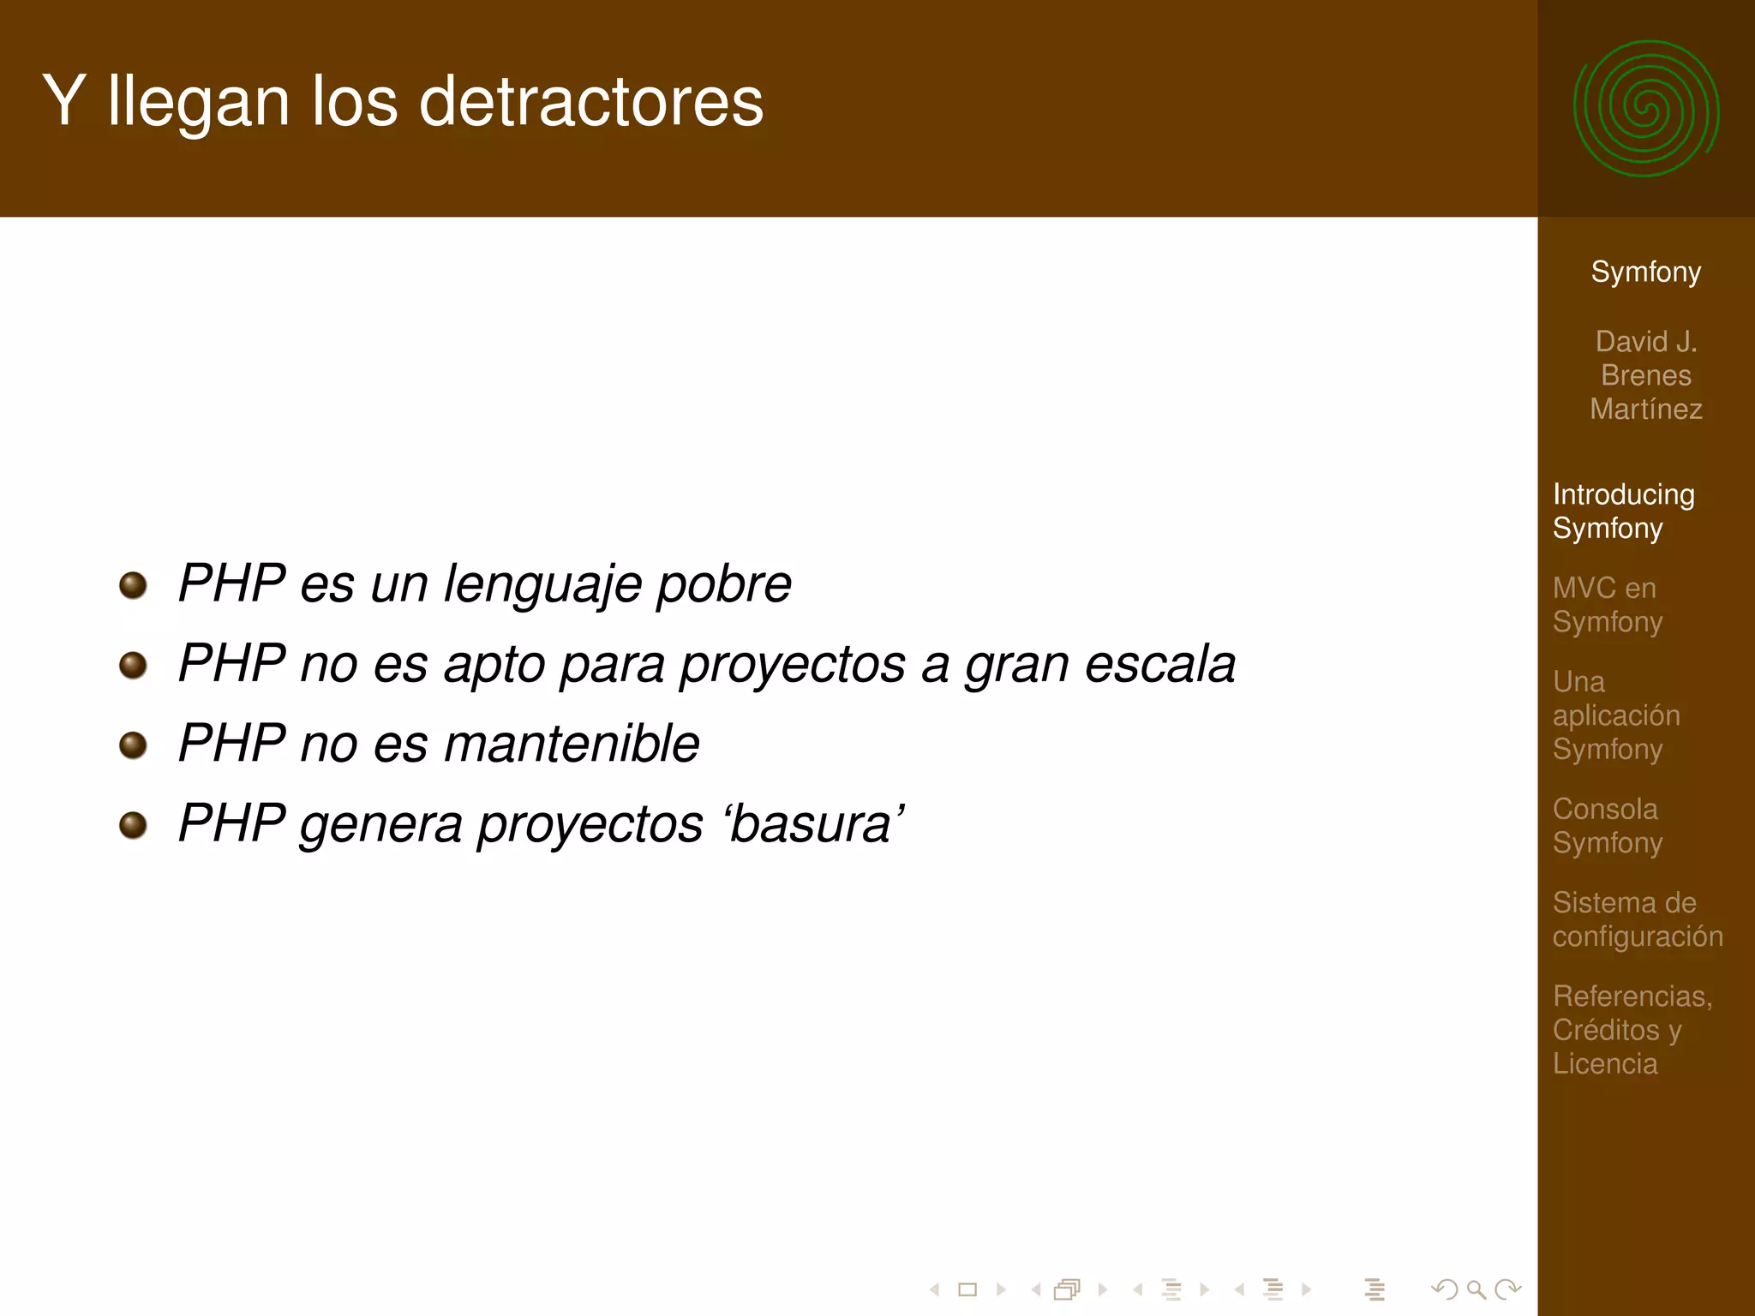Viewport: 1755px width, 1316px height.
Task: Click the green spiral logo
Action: pyautogui.click(x=1645, y=109)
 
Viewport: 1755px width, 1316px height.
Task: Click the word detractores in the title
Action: pyautogui.click(x=590, y=102)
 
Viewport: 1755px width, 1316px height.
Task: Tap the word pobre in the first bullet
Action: pyautogui.click(x=723, y=585)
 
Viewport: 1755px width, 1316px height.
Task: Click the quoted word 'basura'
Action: pyautogui.click(x=814, y=824)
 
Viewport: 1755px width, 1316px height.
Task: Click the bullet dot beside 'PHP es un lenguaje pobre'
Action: pyautogui.click(x=133, y=586)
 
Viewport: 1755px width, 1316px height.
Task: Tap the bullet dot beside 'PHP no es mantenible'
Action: pyautogui.click(x=133, y=745)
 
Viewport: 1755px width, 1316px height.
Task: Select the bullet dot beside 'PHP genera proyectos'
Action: pyautogui.click(x=133, y=825)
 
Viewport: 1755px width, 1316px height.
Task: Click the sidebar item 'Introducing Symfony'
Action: pyautogui.click(x=1623, y=511)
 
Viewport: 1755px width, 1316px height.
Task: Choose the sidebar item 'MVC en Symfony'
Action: pyautogui.click(x=1607, y=605)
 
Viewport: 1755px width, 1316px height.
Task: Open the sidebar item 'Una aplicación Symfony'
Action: pyautogui.click(x=1615, y=715)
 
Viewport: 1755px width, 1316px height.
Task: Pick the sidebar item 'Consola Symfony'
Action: pyautogui.click(x=1607, y=826)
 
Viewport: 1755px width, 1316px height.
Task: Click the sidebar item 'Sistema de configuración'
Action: pyautogui.click(x=1637, y=919)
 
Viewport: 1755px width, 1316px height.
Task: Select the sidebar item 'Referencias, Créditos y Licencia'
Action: pyautogui.click(x=1632, y=1030)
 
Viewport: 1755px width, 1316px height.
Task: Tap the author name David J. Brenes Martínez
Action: pyautogui.click(x=1645, y=375)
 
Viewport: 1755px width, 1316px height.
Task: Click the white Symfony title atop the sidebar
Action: pyautogui.click(x=1645, y=272)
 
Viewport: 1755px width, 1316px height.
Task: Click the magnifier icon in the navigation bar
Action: pyautogui.click(x=1476, y=1289)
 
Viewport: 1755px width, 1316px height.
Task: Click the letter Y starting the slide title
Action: pyautogui.click(x=63, y=102)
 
